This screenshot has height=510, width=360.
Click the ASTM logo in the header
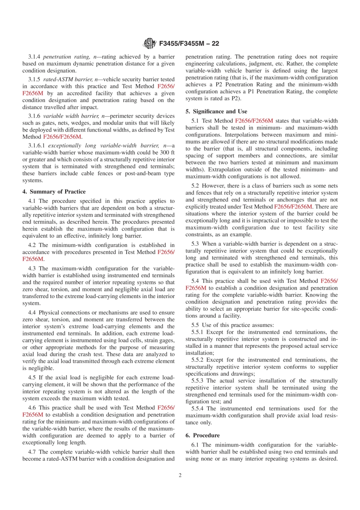149,43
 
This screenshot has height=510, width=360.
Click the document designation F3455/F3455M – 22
189,44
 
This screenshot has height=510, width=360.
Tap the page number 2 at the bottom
180,475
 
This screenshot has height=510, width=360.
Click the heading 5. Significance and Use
216,111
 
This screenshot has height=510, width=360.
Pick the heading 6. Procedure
202,435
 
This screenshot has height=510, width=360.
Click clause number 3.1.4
34,57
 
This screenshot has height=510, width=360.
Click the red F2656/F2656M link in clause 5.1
254,121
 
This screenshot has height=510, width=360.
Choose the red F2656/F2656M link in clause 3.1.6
62,137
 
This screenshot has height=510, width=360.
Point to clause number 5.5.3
197,381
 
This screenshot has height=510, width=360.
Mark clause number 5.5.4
197,408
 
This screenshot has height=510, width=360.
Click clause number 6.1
195,445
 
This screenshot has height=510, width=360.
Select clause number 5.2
195,186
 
